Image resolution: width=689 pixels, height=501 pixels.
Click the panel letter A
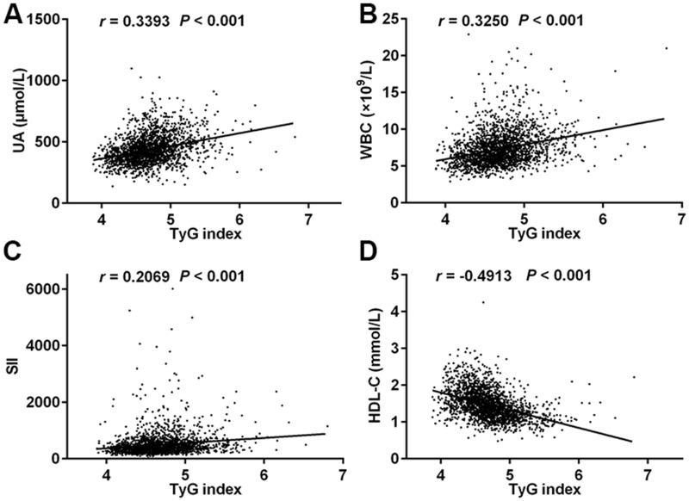coord(14,17)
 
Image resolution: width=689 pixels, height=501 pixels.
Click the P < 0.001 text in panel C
coord(213,275)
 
